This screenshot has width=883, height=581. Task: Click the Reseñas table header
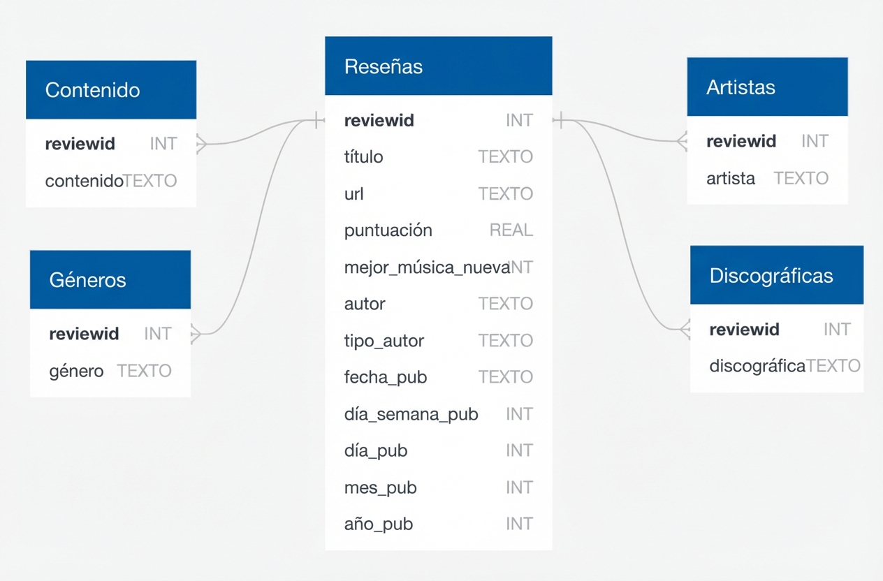pos(384,67)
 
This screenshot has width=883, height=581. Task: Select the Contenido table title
pos(92,90)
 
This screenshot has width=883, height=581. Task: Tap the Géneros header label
pos(87,280)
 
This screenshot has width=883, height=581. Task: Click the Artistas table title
pos(740,87)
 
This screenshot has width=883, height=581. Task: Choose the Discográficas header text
pos(771,276)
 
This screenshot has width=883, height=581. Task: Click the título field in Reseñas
pos(363,157)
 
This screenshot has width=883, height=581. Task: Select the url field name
pos(353,194)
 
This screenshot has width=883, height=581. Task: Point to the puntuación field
pos(388,230)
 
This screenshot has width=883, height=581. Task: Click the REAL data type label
pos(511,230)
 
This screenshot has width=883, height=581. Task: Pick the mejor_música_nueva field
pos(427,267)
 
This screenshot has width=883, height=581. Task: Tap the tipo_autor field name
pos(384,341)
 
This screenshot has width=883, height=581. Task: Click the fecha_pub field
pos(385,378)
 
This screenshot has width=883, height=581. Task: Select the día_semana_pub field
pos(411,414)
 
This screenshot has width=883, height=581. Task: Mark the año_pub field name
pos(378,524)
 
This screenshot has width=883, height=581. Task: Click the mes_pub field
pos(380,487)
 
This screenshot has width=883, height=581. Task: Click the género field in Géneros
pos(76,371)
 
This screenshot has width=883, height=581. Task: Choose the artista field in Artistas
pos(730,179)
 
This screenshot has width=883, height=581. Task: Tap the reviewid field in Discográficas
pos(744,330)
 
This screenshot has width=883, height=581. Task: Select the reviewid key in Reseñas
pos(379,121)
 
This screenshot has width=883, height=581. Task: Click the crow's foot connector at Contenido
pos(201,144)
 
